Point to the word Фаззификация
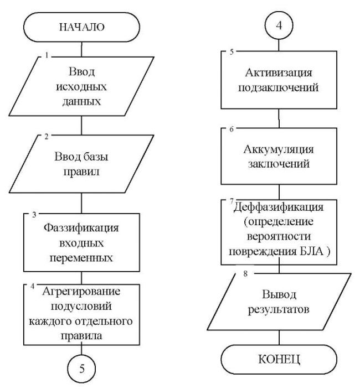coord(81,228)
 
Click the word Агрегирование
coord(81,292)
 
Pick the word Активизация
coord(279,73)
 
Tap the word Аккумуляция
coord(279,149)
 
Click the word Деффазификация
coord(279,207)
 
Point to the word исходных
coord(81,87)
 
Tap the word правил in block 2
coord(81,172)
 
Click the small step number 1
coord(47,55)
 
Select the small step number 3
coord(34,215)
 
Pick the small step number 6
coord(232,129)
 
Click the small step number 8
coord(245,274)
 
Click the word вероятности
coord(279,236)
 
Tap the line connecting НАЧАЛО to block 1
coord(81,49)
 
